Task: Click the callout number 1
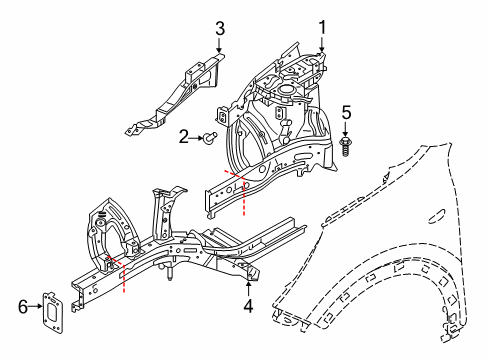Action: [323, 27]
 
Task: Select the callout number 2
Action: [184, 138]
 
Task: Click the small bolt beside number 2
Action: [211, 139]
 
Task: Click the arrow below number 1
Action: [323, 45]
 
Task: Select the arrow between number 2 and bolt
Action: [198, 138]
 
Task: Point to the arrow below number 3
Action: [219, 44]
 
